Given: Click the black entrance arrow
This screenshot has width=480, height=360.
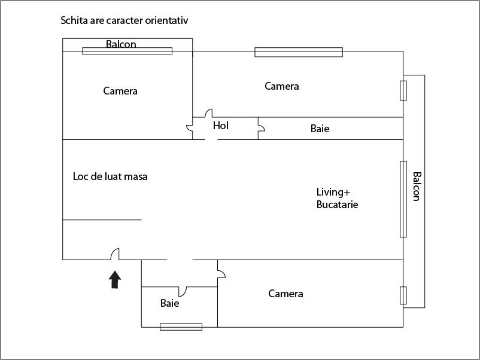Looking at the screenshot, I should (x=115, y=280).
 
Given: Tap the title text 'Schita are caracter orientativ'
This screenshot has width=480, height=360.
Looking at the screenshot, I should (x=124, y=20).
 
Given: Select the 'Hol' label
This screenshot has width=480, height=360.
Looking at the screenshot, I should (x=221, y=126).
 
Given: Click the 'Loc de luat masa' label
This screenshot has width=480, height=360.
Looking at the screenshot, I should (x=110, y=176).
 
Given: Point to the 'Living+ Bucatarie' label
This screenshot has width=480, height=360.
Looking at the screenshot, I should (x=337, y=198).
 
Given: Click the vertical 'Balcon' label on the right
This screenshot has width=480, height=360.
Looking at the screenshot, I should (x=417, y=187).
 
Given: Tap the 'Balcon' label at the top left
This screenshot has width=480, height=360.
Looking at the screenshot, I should (x=121, y=44).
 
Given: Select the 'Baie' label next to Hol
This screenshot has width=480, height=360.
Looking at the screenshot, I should (x=320, y=129).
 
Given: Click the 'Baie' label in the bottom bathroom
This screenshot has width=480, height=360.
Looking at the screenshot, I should (x=169, y=303).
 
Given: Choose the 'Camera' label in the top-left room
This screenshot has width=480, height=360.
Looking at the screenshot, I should (x=120, y=91).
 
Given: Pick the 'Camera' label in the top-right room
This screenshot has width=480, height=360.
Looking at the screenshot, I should (x=282, y=86).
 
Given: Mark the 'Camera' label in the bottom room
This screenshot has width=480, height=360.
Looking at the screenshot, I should (x=285, y=294).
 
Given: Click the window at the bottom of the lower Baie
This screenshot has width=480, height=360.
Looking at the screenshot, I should (x=181, y=327).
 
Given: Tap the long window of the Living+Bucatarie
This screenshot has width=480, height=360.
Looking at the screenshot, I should (x=403, y=199).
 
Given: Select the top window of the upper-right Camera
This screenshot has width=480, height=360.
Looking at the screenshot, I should (x=299, y=52).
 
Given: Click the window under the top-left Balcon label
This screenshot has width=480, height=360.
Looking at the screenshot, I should (x=127, y=51).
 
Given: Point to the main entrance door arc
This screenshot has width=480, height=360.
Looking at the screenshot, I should (x=115, y=254).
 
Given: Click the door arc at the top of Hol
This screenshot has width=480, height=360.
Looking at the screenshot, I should (x=209, y=113).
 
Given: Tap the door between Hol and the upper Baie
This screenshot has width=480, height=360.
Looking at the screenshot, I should (x=261, y=127).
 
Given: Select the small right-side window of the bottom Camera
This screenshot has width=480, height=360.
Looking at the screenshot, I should (x=403, y=295).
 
